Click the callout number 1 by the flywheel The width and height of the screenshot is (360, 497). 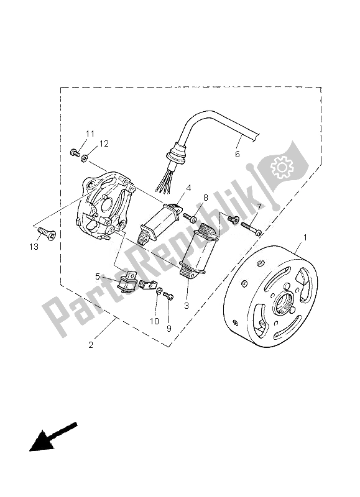tap(305, 237)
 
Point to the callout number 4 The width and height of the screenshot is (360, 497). tap(187, 188)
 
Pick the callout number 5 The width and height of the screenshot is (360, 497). tap(97, 276)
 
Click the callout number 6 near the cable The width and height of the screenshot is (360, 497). tap(236, 153)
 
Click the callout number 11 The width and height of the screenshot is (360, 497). tap(90, 134)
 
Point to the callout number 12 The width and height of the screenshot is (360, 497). tap(104, 144)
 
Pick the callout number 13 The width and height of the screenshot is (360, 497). tap(33, 247)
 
